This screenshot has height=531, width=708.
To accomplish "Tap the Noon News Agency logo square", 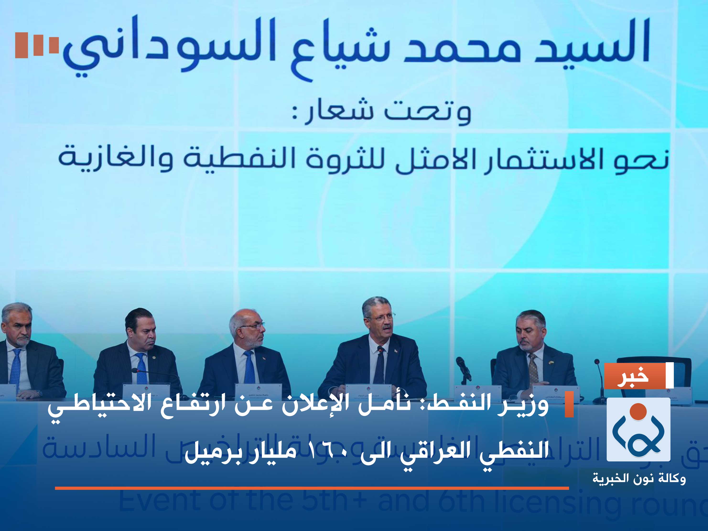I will pyautogui.click(x=638, y=429).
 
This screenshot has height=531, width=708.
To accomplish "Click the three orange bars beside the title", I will pyautogui.click(x=37, y=45).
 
